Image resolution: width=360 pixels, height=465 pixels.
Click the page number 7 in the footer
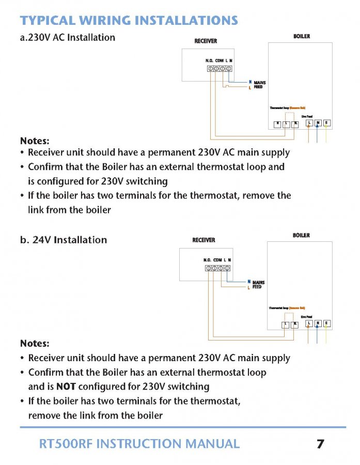click(320, 444)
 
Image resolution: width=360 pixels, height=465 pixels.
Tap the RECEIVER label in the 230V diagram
click(206, 41)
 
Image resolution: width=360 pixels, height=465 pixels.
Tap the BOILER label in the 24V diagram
click(301, 235)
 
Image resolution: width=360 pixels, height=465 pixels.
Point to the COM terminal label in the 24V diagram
click(217, 260)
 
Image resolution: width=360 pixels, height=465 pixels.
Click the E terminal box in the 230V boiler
click(326, 123)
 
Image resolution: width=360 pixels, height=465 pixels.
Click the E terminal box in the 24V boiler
click(326, 324)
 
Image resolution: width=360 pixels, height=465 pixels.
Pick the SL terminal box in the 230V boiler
click(295, 123)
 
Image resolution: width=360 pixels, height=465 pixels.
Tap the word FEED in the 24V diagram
click(257, 287)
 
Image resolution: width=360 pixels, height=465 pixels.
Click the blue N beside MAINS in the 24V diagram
click(248, 282)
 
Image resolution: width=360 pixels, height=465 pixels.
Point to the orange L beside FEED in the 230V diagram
click(250, 87)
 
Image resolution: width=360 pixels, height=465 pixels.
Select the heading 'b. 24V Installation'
click(64, 240)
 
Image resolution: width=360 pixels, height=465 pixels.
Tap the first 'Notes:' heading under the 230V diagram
click(35, 141)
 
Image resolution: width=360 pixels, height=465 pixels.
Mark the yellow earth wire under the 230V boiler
click(326, 135)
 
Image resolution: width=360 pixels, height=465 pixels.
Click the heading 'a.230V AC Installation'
click(67, 37)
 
